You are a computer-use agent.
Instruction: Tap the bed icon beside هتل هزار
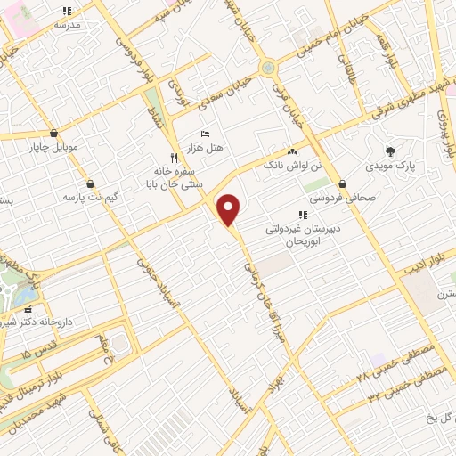coord(205,134)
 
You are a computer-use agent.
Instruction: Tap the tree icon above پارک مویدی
coord(389,151)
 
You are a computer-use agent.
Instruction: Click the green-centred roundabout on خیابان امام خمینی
coord(267,67)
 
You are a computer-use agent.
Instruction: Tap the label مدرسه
coord(67,25)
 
